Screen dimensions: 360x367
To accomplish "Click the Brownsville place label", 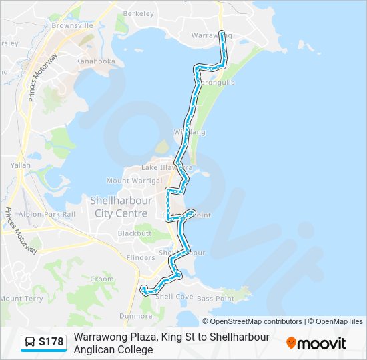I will click(72, 25).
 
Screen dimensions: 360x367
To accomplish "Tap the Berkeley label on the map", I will click(139, 13).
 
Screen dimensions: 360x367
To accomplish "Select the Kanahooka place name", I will click(95, 61).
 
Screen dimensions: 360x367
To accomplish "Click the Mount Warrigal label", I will click(134, 181).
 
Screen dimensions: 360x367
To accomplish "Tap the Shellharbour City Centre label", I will click(121, 207).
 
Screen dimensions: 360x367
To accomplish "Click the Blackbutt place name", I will click(135, 233).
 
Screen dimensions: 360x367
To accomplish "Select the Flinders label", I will click(140, 257).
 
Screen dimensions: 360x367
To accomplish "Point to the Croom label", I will click(101, 279).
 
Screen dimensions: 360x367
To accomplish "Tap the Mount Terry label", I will click(21, 299).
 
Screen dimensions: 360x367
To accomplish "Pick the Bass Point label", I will click(215, 298).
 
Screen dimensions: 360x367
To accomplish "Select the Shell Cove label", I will click(173, 297).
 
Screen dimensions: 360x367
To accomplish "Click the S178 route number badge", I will click(51, 342).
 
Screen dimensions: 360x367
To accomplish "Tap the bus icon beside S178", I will click(30, 342).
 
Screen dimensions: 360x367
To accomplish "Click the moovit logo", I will click(316, 343).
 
